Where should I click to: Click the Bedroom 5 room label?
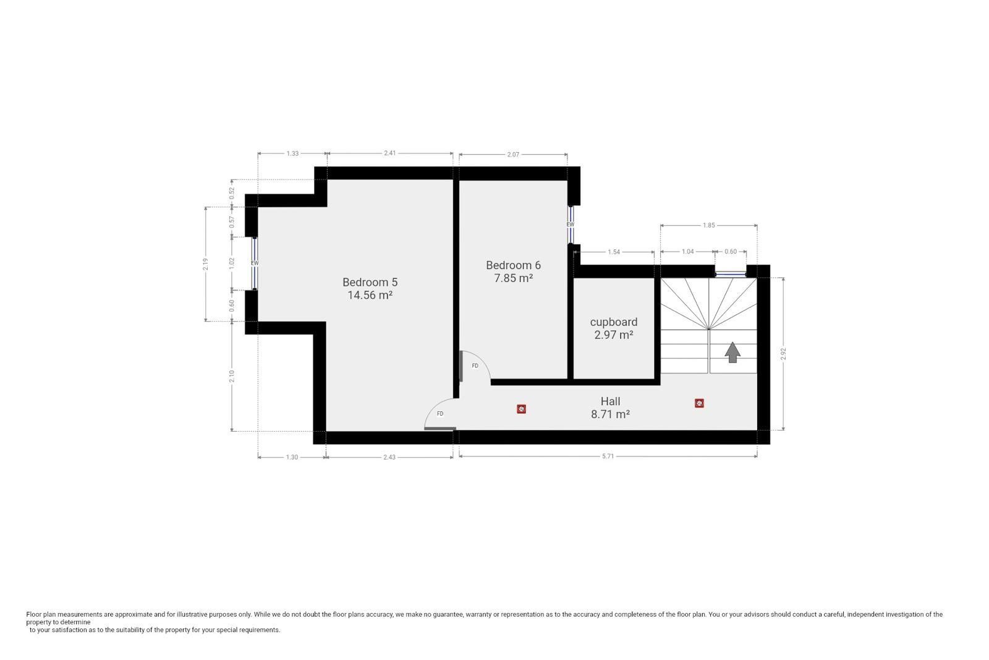point(370,282)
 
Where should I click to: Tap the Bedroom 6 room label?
point(513,265)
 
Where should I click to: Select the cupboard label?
point(614,322)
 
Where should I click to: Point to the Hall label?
point(610,401)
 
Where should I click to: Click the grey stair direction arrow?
point(732,353)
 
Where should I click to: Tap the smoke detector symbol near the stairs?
point(699,403)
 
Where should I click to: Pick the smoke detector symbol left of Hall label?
point(522,409)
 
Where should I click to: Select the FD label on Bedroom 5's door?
point(439,414)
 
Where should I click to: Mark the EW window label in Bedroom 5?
point(254,264)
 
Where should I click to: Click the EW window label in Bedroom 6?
point(571,225)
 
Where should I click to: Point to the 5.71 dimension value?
point(608,456)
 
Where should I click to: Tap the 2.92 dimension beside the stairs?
point(784,354)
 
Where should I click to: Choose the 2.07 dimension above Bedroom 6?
point(513,155)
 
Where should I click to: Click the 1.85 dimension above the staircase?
point(708,225)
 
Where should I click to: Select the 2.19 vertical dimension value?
point(205,264)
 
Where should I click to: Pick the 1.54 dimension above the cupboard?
point(614,252)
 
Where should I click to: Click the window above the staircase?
point(731,275)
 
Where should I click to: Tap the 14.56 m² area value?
point(370,295)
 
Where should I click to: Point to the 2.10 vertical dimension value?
point(232,376)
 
